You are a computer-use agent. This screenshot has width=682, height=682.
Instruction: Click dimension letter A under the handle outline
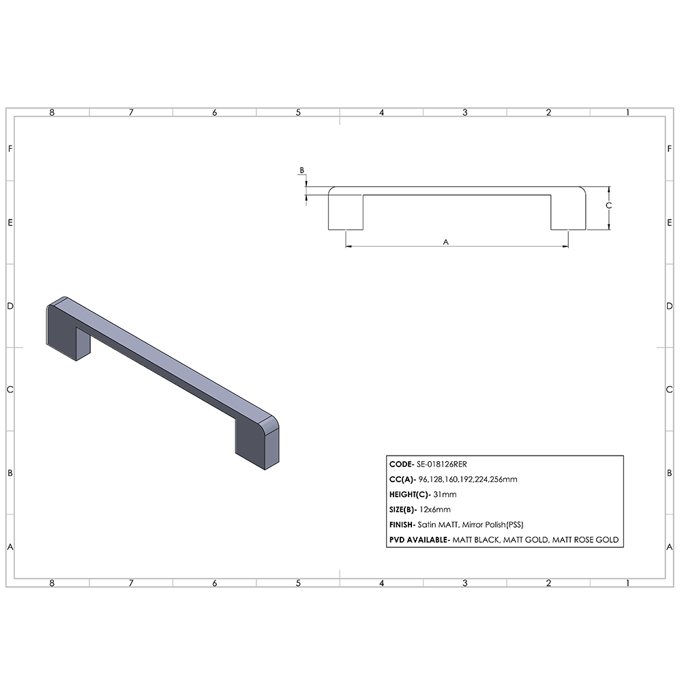446,241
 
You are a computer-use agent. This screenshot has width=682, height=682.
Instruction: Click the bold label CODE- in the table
402,464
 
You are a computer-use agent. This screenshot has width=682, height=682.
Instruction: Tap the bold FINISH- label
406,524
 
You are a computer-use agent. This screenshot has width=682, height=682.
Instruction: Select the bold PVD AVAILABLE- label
419,539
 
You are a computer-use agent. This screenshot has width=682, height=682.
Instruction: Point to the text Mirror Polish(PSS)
494,524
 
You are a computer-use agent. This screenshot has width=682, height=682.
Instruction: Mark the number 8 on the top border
52,113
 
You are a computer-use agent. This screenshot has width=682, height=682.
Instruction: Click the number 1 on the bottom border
627,583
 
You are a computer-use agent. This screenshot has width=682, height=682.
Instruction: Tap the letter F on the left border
10,149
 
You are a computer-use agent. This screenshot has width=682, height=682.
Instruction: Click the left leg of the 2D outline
346,213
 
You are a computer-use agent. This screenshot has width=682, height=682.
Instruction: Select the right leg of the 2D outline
567,213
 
